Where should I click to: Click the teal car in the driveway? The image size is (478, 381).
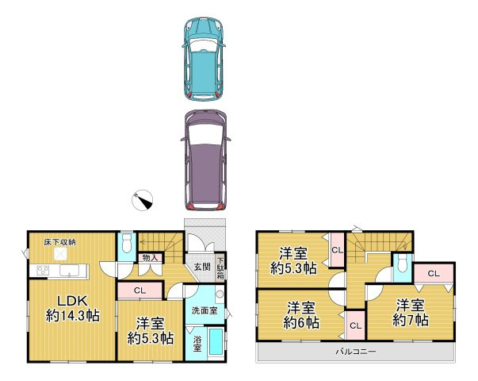[204, 58]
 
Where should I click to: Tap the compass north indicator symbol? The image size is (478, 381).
[142, 200]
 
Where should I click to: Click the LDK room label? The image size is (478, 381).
[73, 309]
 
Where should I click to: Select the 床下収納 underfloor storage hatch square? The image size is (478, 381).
[60, 254]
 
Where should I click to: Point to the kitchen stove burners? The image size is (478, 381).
[43, 271]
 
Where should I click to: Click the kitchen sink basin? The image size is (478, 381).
[69, 271]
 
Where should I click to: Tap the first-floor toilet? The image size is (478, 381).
[127, 243]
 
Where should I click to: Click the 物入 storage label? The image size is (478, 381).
[150, 258]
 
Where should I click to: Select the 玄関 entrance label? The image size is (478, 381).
[202, 267]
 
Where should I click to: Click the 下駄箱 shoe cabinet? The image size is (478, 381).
[220, 268]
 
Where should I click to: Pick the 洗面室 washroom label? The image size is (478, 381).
[205, 311]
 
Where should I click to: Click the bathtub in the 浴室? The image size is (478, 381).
[216, 341]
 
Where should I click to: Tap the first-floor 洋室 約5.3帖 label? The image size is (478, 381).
[151, 331]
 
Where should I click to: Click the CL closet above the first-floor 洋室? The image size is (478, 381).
[140, 291]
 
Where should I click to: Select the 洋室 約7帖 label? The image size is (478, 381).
[411, 312]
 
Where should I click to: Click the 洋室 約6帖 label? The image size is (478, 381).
[301, 315]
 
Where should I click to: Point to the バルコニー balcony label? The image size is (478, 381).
[356, 352]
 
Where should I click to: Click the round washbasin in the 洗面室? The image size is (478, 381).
[220, 294]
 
